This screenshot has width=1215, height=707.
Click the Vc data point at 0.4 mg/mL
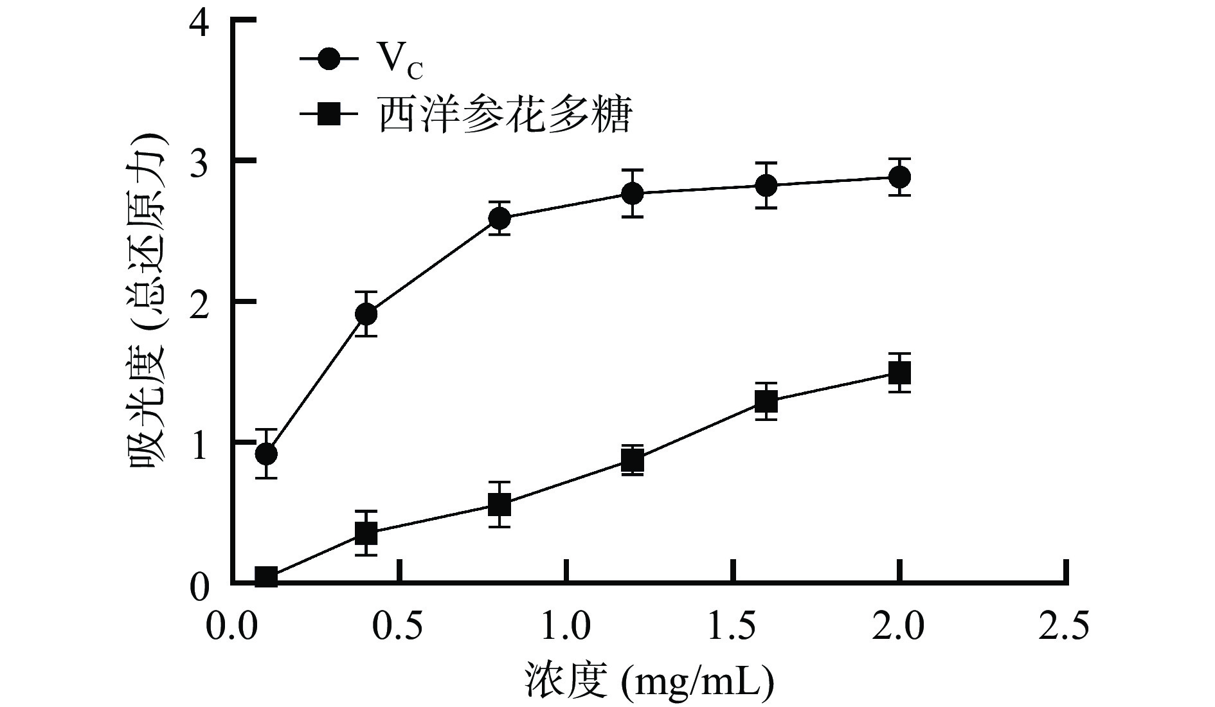coord(366,314)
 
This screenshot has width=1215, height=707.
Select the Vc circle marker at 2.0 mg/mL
coord(899,177)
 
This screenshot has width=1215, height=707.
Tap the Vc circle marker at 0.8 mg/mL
coord(500,219)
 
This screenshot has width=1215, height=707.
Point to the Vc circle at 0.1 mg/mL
coord(266,454)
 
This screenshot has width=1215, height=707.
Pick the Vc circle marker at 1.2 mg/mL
coord(633,193)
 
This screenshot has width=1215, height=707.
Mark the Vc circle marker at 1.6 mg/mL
coord(766,186)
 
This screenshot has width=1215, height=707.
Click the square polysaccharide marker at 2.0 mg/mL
coord(899,373)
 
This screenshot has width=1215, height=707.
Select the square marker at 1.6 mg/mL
coord(766,402)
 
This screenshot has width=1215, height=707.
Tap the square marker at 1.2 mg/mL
coord(633,461)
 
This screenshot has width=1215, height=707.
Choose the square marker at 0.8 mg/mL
coord(500,505)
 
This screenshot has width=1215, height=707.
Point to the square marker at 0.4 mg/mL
coord(366,533)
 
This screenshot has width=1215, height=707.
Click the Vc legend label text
coord(399,63)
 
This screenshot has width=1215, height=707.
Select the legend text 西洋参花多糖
coord(505,115)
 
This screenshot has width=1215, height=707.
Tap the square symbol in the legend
coord(329,115)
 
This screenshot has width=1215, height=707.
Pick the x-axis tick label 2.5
coord(1065,627)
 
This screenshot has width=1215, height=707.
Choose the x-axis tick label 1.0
coord(566,627)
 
